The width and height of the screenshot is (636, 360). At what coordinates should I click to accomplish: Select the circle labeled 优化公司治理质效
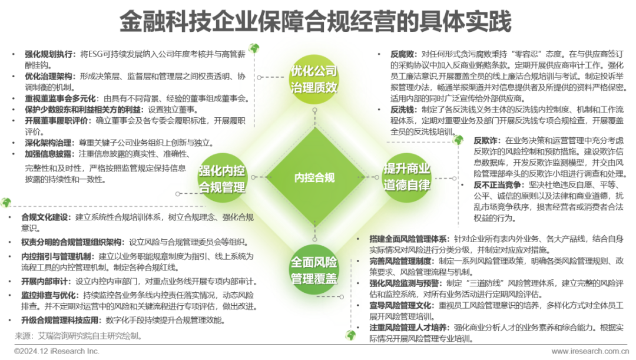coord(314,80)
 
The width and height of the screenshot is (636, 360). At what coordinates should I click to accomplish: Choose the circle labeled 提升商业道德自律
coord(408,176)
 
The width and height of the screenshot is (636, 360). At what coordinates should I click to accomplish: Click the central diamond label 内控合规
coord(314,177)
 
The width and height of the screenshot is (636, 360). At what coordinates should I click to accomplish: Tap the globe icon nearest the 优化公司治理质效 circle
coord(254,48)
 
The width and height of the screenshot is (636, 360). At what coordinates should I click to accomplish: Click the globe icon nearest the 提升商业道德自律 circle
coord(458,140)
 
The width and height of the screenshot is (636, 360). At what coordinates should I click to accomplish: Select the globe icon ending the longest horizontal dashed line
coord(6,203)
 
